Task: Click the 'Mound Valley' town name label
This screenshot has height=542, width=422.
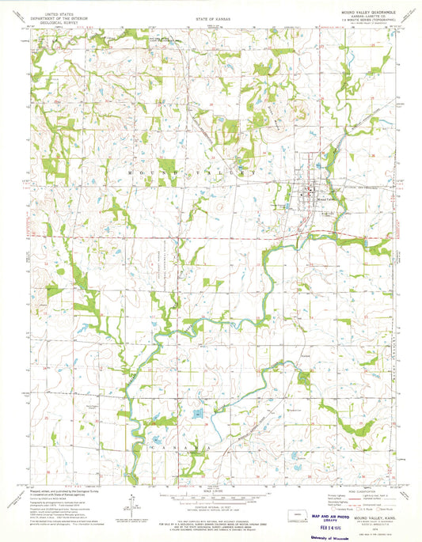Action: (x=325, y=199)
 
